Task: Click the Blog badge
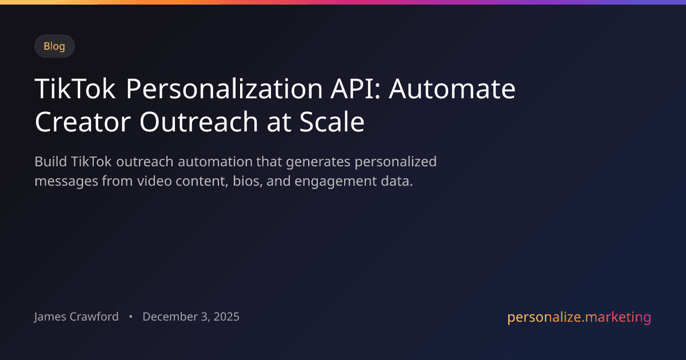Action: coord(54,46)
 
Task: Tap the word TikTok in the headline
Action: coord(75,90)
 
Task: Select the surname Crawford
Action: coord(94,317)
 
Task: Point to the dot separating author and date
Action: coord(131,317)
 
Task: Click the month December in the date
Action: coord(168,317)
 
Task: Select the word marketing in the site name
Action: coord(617,317)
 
